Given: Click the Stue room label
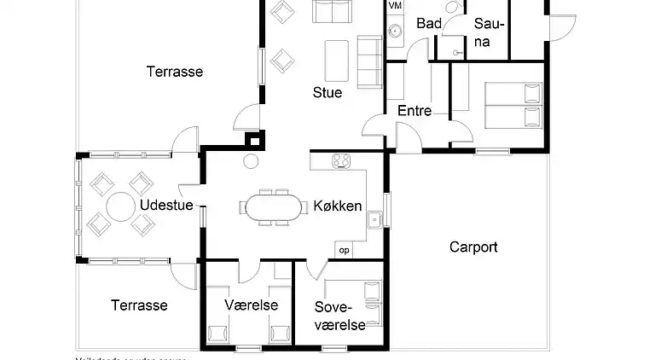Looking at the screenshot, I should [x=327, y=93].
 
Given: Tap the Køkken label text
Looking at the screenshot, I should [x=338, y=206].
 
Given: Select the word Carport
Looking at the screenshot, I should [x=473, y=247].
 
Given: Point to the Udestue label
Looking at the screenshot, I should [x=167, y=206].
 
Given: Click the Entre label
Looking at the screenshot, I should [x=414, y=111].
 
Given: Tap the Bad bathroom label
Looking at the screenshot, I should [x=429, y=24].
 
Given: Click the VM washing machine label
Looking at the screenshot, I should [x=395, y=6].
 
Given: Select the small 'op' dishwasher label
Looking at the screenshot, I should [x=345, y=251].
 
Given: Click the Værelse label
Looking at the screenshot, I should [x=246, y=305].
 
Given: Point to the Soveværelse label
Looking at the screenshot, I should [x=340, y=315].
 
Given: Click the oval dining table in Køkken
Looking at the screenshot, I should [x=275, y=207].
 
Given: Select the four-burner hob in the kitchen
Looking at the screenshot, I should [x=342, y=160].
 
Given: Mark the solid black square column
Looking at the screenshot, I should [x=253, y=141].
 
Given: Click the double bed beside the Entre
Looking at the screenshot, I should [x=510, y=105].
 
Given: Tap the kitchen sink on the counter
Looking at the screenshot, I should [x=374, y=220].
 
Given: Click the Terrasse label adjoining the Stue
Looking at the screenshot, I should [x=174, y=72].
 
